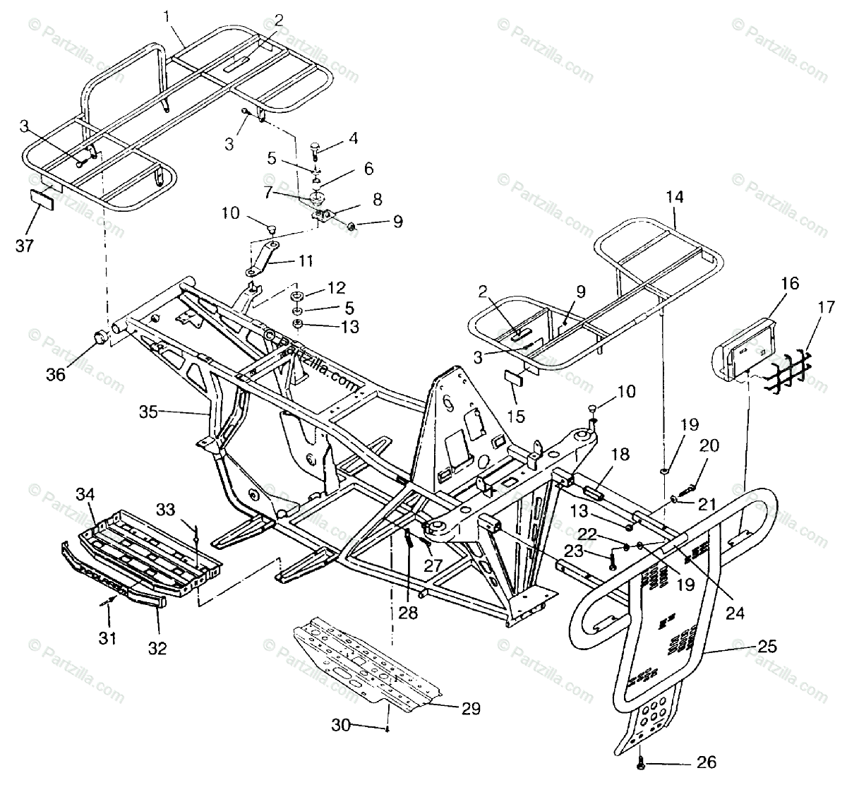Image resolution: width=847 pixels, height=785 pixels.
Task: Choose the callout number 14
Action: [673, 198]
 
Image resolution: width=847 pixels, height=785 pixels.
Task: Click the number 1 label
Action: [167, 14]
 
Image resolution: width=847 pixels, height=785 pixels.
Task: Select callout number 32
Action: [157, 648]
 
